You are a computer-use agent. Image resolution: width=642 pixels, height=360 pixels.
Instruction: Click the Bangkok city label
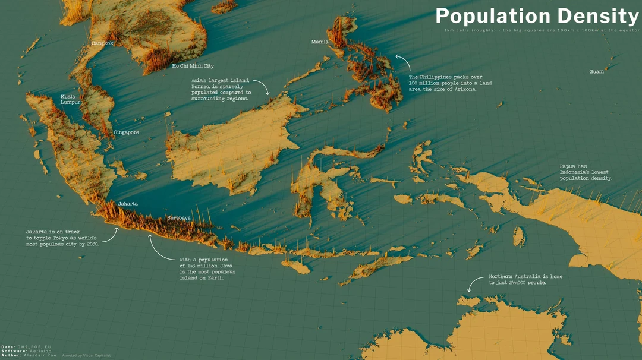(102, 43)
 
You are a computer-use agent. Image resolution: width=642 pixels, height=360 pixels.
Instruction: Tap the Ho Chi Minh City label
(193, 66)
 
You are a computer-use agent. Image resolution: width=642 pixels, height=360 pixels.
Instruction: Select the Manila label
(320, 42)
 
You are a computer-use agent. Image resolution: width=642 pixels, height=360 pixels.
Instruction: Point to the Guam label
(596, 71)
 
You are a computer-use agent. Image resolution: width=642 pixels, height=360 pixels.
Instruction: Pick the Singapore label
(126, 132)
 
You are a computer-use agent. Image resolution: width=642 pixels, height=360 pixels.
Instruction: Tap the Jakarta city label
(128, 204)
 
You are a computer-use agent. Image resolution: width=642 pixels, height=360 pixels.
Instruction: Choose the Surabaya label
(179, 218)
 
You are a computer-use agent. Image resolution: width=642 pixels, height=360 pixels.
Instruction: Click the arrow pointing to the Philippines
(401, 61)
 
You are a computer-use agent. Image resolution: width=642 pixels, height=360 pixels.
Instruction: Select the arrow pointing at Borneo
(263, 87)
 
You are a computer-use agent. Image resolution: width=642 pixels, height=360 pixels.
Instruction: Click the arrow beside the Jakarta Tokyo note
(111, 235)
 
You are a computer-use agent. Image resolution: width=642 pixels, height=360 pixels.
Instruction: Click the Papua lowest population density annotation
(586, 172)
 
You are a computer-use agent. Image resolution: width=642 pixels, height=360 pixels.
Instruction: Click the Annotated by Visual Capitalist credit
(87, 355)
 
